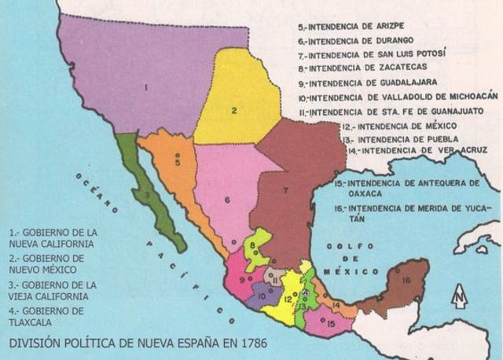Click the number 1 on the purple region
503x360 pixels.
pos(146,86)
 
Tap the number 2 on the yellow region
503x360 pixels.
pos(234,110)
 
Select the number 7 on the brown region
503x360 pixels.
pos(286,191)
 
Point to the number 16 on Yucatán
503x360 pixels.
pos(405,280)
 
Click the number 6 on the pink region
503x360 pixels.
pos(226,200)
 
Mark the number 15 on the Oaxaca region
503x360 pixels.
pos(329,323)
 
